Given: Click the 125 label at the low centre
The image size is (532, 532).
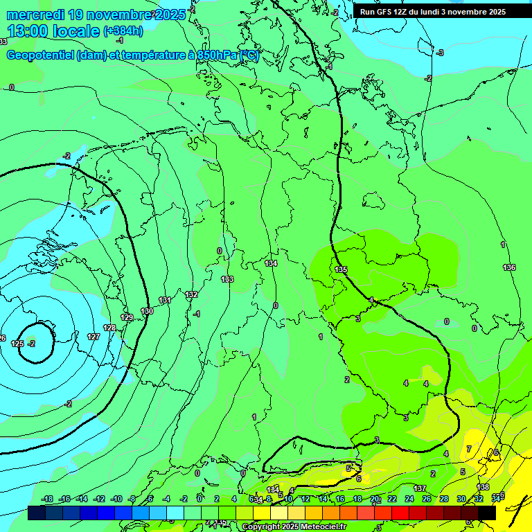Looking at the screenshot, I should [x=18, y=344].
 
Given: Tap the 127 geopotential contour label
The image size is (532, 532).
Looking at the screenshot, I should [x=94, y=337].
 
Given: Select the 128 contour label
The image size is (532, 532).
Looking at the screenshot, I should [x=109, y=328].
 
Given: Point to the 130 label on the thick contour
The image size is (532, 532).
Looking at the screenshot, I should [x=147, y=312].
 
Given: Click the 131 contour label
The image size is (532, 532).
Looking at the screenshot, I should [x=165, y=300].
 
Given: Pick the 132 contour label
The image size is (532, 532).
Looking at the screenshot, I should [x=192, y=294].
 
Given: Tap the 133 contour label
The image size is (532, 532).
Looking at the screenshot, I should [x=227, y=279].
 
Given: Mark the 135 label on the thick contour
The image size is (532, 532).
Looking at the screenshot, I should [x=341, y=269].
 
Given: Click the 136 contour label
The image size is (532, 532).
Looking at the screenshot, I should [x=509, y=267].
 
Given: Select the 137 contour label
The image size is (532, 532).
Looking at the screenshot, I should [x=420, y=488].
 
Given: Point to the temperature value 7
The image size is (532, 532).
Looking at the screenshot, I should [x=469, y=450].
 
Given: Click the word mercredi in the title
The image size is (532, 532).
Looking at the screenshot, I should [x=35, y=15].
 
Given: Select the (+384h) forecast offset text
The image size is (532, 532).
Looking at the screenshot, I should [x=123, y=31].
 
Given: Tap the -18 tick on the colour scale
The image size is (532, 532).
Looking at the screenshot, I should [x=47, y=499].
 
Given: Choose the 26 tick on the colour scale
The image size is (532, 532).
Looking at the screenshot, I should [x=426, y=499].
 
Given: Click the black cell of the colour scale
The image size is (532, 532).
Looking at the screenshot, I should [x=487, y=513].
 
